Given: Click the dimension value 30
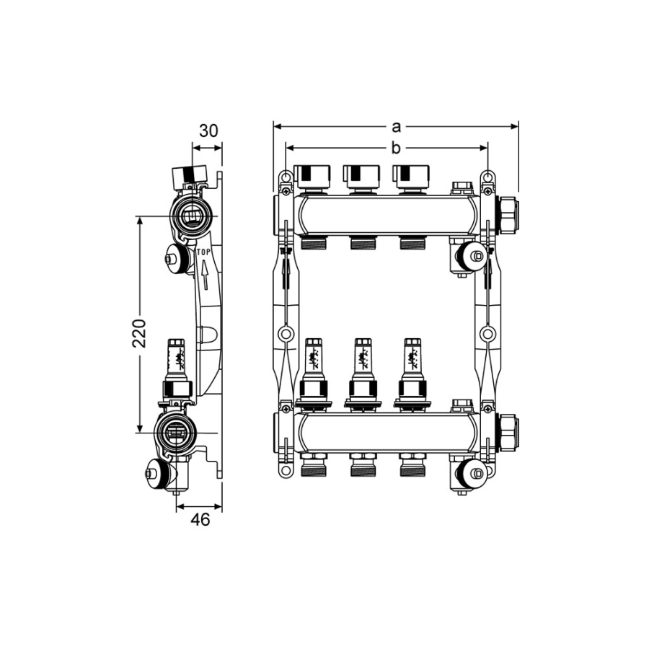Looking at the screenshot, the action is tap(208, 131).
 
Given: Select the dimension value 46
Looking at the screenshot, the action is tap(200, 519).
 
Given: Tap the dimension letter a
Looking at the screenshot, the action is tap(397, 127).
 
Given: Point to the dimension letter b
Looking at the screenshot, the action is tap(396, 148).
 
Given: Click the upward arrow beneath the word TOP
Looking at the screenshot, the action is tap(204, 275).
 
